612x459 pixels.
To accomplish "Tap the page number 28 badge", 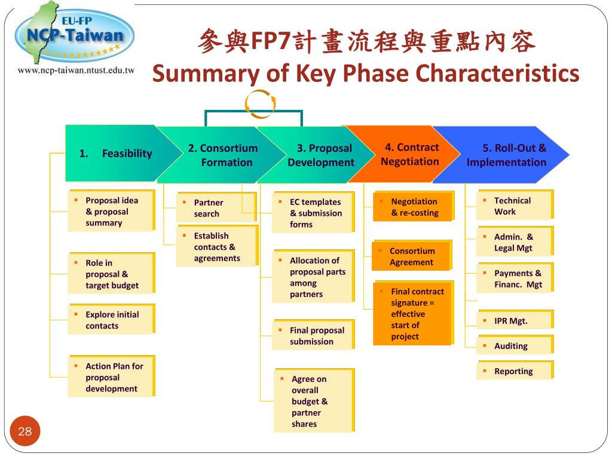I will point(25,432).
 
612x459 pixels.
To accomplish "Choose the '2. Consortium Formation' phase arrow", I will point(222,155).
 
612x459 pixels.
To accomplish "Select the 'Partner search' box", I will point(216,208).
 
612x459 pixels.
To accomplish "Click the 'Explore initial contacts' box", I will point(111,320).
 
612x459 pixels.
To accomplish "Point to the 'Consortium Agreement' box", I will point(412,256).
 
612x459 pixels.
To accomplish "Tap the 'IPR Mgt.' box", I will point(515,321).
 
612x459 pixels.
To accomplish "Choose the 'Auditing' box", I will point(515,346).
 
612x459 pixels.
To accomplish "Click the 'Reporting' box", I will point(515,371).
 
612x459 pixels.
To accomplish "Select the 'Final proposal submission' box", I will point(313,336).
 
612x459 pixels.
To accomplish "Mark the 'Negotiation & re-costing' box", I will point(414,207).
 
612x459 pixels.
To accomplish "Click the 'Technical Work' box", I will point(515,206).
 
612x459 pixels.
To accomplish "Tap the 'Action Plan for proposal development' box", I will point(111,377).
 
